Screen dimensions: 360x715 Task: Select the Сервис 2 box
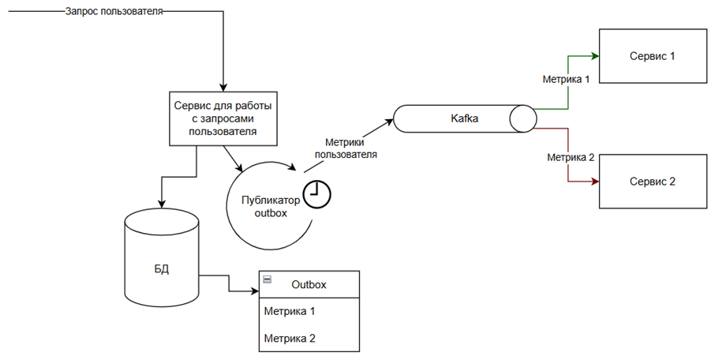coord(652,181)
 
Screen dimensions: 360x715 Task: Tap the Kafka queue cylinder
coord(464,119)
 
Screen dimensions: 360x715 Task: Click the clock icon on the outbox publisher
coord(318,194)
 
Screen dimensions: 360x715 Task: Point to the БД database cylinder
coord(161,268)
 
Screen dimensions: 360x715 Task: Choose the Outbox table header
coord(309,285)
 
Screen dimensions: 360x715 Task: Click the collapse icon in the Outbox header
coord(268,280)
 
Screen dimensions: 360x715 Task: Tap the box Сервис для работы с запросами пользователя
coord(223,119)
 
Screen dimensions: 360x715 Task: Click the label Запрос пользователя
coord(114,13)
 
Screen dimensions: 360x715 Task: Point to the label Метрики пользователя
coord(346,148)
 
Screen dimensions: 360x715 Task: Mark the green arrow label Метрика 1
coord(566,79)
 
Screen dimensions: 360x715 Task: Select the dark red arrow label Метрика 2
coord(571,157)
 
